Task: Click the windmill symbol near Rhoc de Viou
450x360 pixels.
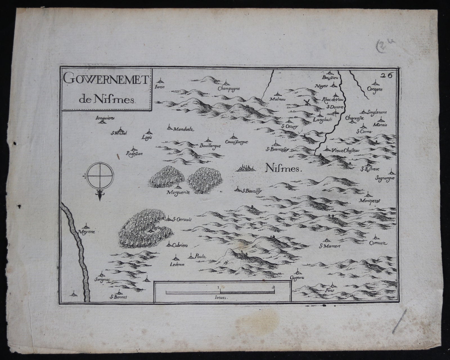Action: coord(307,102)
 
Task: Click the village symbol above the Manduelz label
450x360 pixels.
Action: coord(170,127)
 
